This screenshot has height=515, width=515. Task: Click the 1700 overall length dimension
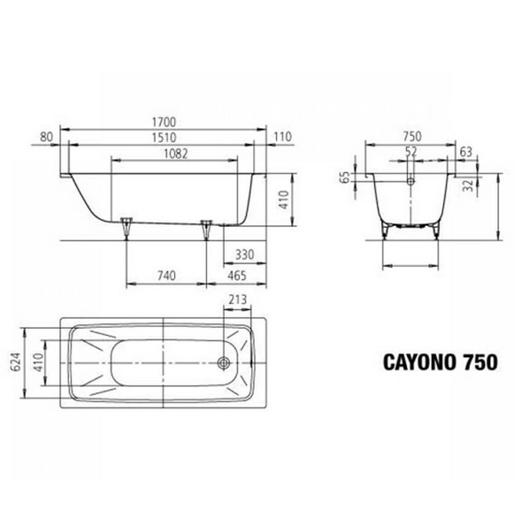point(164,122)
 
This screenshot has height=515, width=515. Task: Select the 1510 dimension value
point(164,138)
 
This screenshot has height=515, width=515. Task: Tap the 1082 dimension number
point(176,154)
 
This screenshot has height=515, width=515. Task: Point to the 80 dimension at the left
point(46,137)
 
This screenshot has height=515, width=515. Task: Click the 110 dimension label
point(283,136)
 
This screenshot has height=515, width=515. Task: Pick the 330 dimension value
point(245,254)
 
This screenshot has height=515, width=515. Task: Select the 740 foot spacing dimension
point(167,276)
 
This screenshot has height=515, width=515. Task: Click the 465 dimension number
point(237,276)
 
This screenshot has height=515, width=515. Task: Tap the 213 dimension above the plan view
point(238,299)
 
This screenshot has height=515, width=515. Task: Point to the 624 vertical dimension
point(15,362)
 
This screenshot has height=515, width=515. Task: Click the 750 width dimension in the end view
point(412,136)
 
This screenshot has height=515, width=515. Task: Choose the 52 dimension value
point(411,151)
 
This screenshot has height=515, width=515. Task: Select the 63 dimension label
point(466,152)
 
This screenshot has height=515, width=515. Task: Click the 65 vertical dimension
point(346,178)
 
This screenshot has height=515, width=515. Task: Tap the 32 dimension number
point(469,185)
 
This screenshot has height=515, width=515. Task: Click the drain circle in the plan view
point(224,363)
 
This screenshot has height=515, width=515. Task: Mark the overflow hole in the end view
point(411,181)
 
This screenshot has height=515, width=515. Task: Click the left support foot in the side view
point(126,227)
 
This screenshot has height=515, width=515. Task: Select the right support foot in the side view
point(206,229)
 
